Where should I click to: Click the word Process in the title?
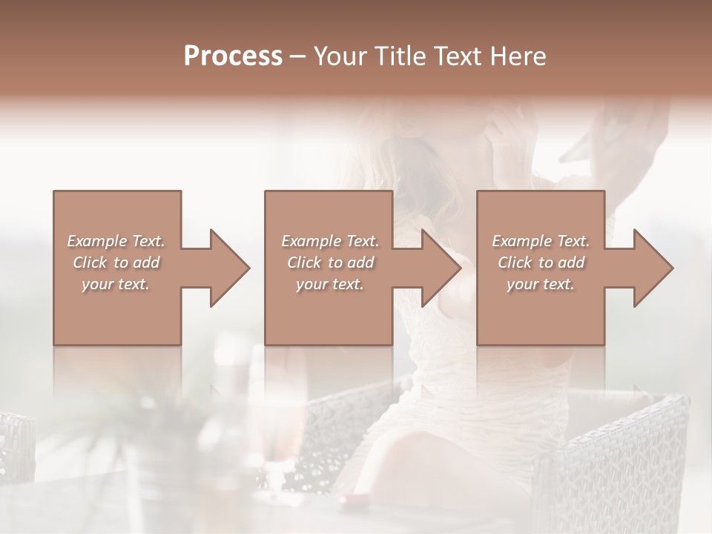point(233,56)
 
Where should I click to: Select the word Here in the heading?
point(519,56)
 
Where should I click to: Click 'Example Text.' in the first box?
point(116,241)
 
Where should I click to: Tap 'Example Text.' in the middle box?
point(329,241)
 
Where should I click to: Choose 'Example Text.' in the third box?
point(541,241)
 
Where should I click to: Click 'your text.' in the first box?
point(116,284)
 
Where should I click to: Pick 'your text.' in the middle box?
point(329,284)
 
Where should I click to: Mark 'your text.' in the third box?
point(541,284)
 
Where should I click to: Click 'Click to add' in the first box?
point(116,263)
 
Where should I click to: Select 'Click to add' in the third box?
point(541,263)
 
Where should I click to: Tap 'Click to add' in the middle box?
point(329,263)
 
